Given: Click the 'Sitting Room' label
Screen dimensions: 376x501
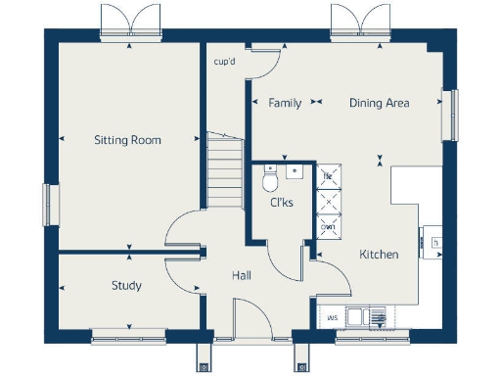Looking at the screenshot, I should pos(127,140).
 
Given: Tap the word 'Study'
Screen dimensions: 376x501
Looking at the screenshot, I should pos(126,286).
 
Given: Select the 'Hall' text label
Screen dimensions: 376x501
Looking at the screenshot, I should pos(242,276).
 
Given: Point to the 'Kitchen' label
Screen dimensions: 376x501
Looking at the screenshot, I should pos(379,255).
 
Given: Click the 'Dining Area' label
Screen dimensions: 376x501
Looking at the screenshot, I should pos(380,103).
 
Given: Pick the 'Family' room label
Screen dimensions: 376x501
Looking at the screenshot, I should pos(285,103).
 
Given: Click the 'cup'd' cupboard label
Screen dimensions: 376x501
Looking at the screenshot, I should pos(224,63).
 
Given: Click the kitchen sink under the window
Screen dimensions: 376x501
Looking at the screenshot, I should pos(364,316).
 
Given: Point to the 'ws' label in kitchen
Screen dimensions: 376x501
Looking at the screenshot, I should pos(333,317).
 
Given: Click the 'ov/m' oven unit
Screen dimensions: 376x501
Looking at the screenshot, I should pos(329,227).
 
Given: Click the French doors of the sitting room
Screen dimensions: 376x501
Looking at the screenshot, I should pos(128,22).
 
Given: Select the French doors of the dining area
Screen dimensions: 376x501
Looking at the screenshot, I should pos(359,22).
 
